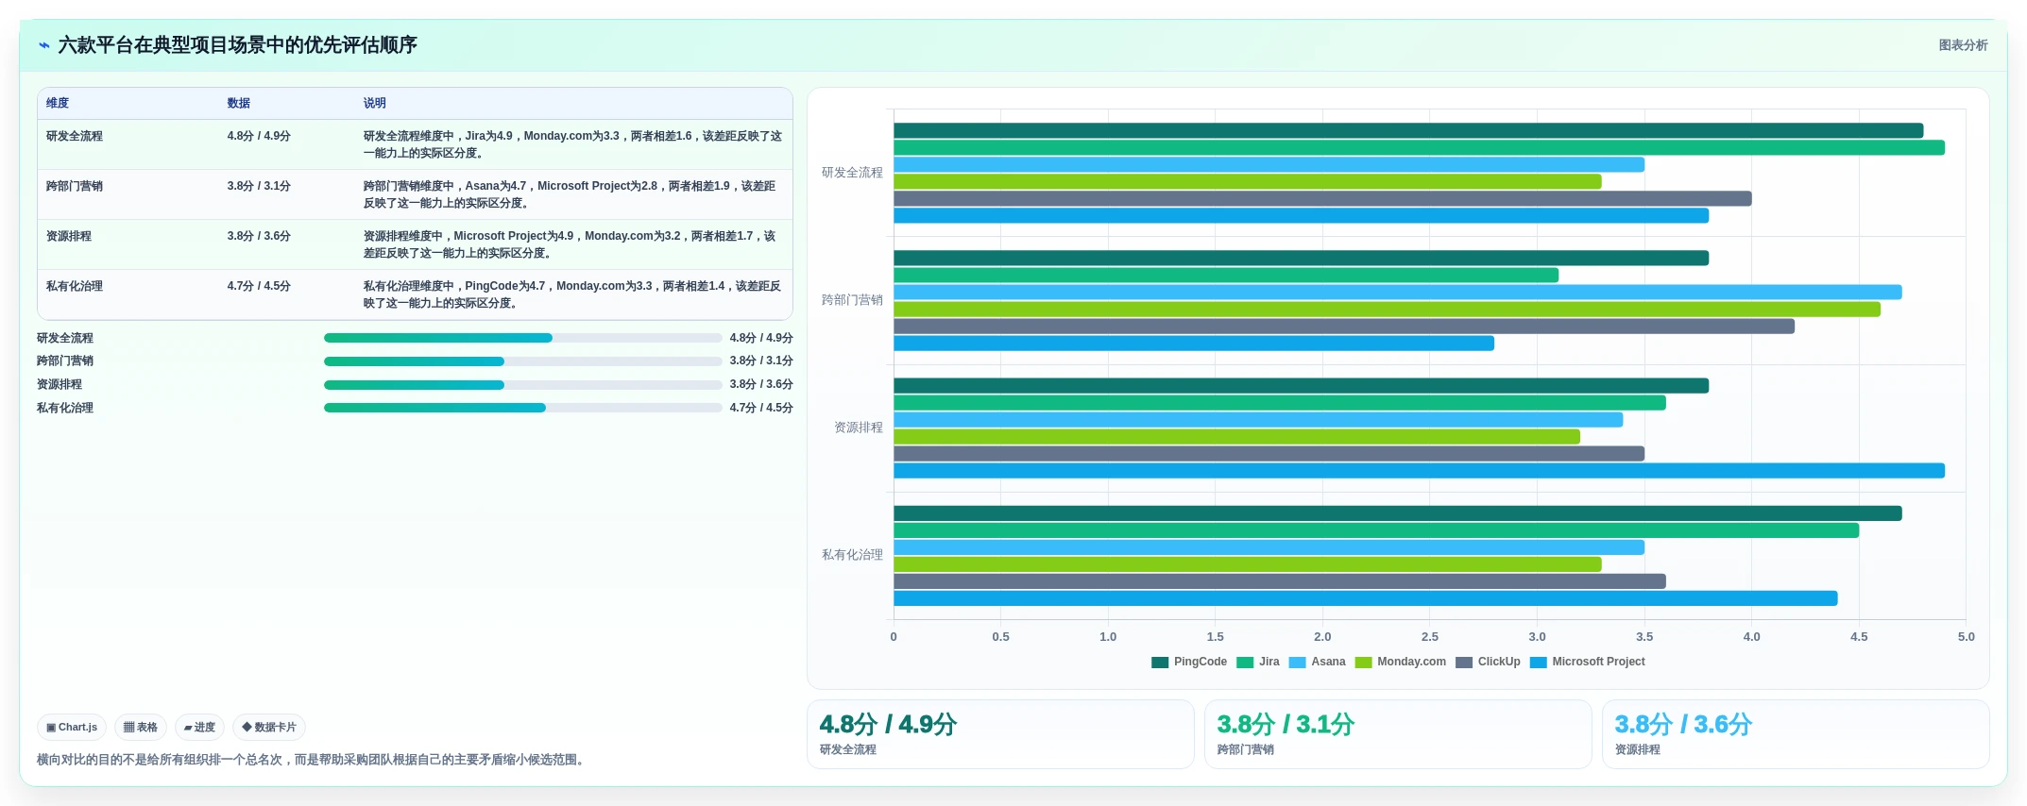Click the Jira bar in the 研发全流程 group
pos(1419,147)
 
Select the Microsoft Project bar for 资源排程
pos(1419,471)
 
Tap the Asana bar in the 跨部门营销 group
pos(1398,293)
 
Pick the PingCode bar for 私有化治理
pos(1398,513)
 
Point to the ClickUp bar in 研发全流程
pos(1322,198)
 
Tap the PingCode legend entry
pos(1189,662)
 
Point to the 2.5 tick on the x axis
pos(1430,637)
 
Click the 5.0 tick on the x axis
pos(1966,637)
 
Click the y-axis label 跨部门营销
pos(852,300)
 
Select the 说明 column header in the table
pos(375,103)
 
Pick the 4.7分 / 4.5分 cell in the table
pos(259,286)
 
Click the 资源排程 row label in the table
pos(69,236)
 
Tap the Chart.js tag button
pos(72,728)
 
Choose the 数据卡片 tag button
pos(269,728)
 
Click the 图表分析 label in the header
pos(1963,45)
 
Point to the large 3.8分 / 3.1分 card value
pos(1286,724)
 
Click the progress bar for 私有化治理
pos(522,408)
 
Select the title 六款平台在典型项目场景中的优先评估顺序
pos(237,45)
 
